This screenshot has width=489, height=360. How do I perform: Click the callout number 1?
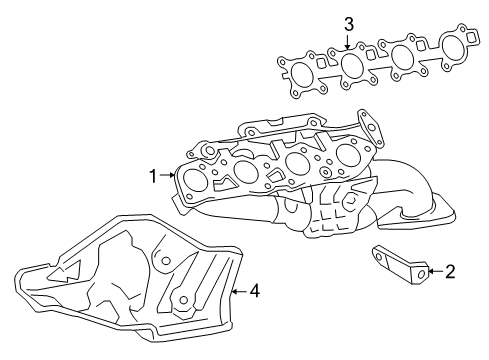[x=154, y=177]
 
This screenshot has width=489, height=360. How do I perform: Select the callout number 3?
[x=348, y=23]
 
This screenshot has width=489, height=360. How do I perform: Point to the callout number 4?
[x=254, y=291]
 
